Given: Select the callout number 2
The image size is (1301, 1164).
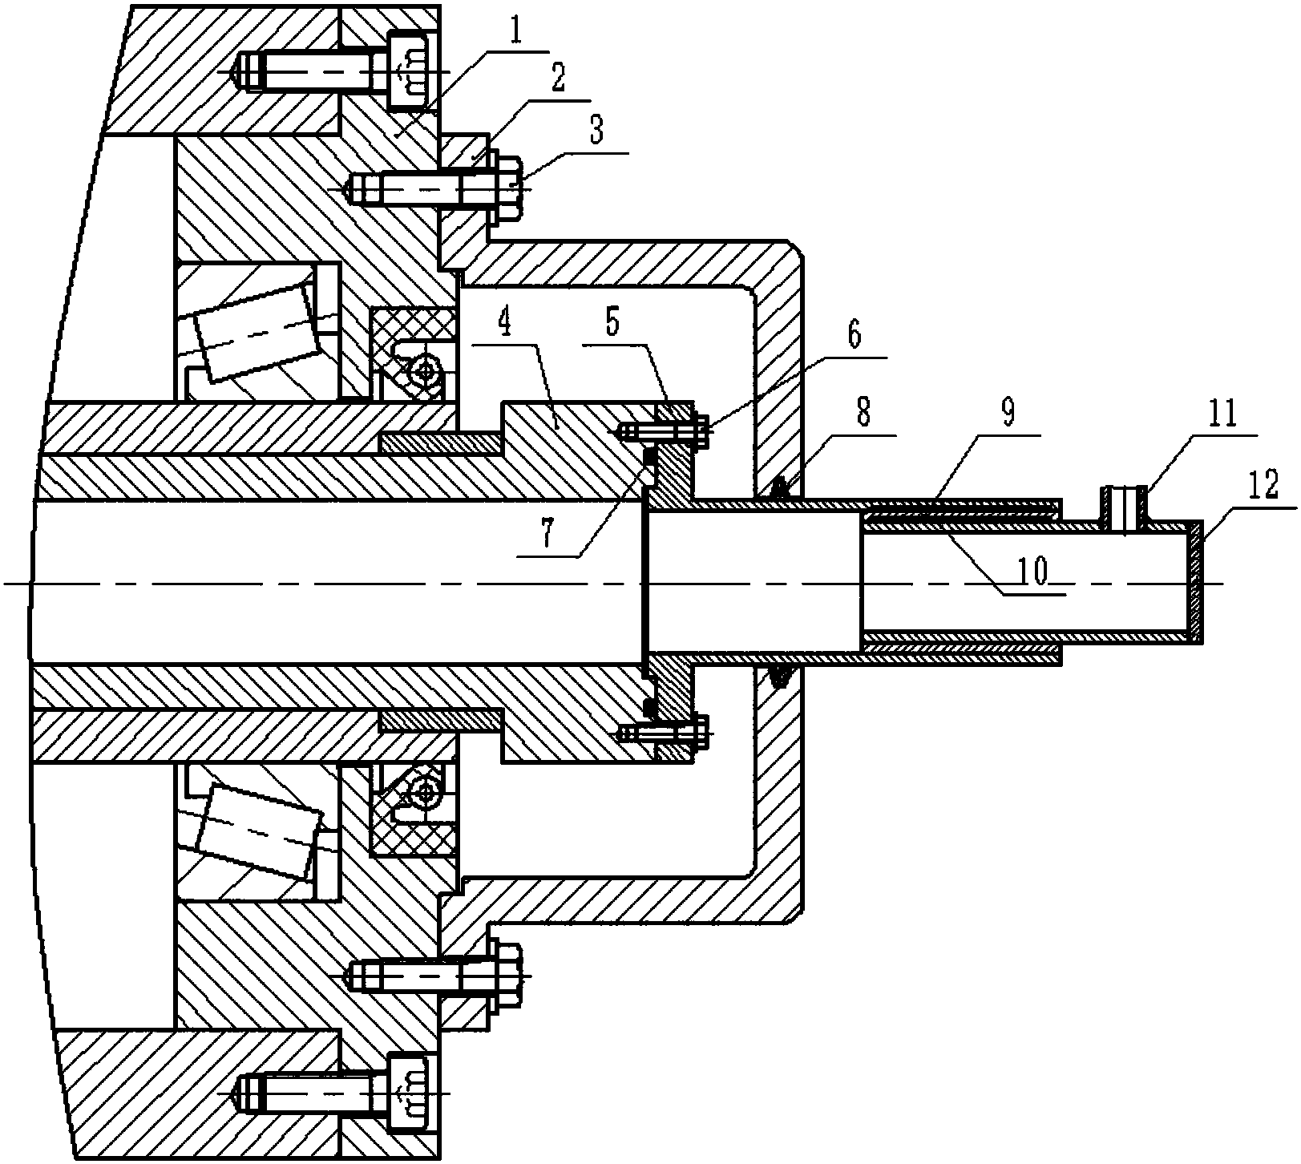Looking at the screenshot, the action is [x=556, y=78].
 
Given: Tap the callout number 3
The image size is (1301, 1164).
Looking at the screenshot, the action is [x=597, y=128].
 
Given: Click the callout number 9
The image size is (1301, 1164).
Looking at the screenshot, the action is [x=1008, y=413].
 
